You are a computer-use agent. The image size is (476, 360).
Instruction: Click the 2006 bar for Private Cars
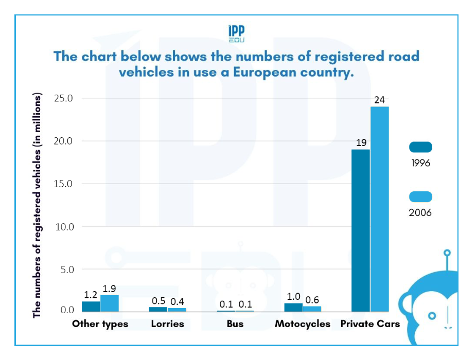(380, 209)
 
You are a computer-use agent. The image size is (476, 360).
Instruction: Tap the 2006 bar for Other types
(110, 303)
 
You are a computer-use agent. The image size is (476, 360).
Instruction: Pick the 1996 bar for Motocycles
(293, 308)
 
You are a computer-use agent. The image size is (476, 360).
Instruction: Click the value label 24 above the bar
(380, 100)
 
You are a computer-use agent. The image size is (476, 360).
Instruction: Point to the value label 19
(360, 142)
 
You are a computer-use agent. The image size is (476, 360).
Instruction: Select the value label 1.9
(110, 289)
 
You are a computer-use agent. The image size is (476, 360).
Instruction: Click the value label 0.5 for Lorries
(158, 300)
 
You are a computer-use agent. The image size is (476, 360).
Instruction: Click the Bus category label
(235, 324)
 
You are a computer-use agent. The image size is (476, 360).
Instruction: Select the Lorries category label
(167, 324)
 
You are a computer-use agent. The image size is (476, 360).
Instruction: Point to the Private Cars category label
(370, 324)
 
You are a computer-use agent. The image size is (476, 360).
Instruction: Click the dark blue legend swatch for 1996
(420, 148)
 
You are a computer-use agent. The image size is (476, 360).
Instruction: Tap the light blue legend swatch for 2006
(420, 196)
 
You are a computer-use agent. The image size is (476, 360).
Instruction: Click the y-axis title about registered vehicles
(37, 206)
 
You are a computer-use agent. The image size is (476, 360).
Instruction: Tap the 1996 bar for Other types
(91, 307)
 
